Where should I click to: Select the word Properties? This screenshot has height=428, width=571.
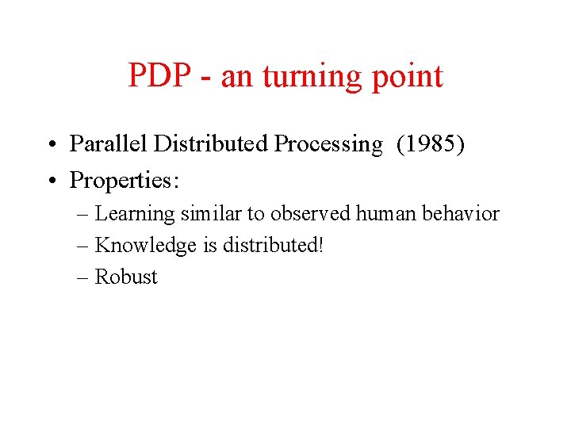[125, 181]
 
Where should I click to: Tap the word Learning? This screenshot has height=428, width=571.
[135, 214]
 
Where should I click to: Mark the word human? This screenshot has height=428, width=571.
[386, 213]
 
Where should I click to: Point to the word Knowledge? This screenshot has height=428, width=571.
[145, 246]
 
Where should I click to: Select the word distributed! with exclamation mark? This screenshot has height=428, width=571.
[273, 245]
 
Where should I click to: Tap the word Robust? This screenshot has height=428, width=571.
[126, 277]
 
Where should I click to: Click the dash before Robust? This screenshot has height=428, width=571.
[83, 277]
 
